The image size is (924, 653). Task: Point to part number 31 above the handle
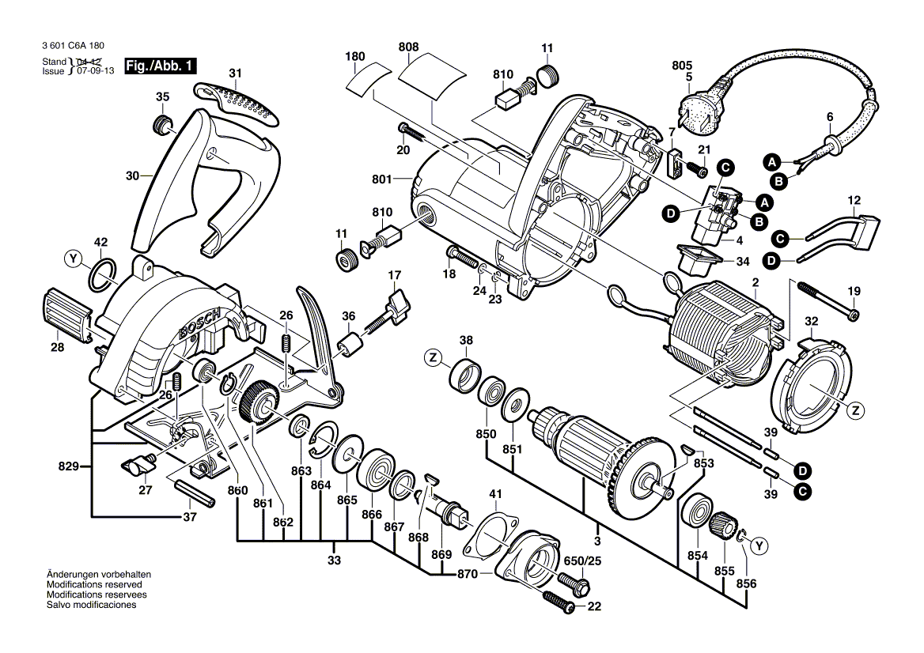pyautogui.click(x=234, y=74)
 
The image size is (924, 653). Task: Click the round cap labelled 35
pyautogui.click(x=162, y=124)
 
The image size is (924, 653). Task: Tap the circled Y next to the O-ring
pyautogui.click(x=73, y=259)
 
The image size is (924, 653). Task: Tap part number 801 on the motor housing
pyautogui.click(x=382, y=180)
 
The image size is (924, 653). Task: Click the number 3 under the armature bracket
pyautogui.click(x=597, y=541)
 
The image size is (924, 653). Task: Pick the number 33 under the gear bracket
pyautogui.click(x=334, y=561)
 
